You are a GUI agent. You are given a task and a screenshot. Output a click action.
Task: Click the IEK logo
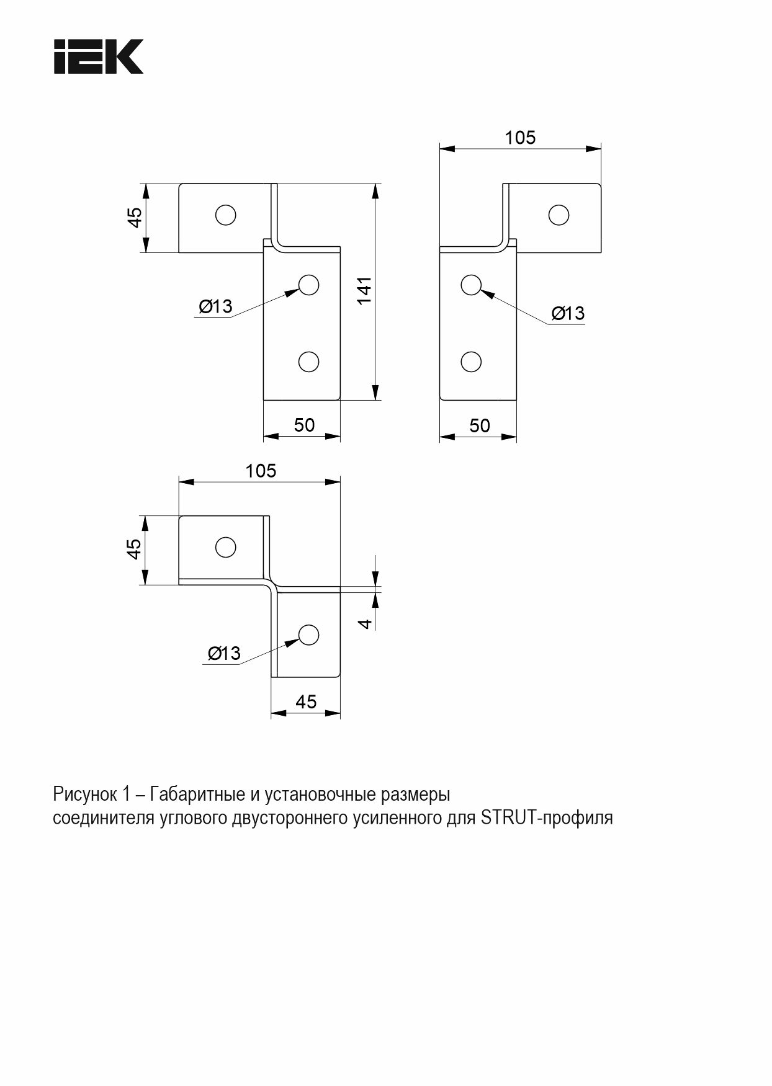99,57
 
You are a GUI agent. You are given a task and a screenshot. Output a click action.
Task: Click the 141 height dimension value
364,290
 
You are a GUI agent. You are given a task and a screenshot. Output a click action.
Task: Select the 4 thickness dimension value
366,623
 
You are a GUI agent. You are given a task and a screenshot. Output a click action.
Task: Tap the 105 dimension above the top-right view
520,137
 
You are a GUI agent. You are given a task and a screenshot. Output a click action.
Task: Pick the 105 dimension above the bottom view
261,471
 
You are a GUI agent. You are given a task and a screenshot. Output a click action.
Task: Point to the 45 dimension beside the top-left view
135,217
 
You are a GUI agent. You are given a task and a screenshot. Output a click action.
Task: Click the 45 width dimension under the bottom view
306,701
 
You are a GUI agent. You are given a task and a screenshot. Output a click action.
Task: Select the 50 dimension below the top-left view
304,425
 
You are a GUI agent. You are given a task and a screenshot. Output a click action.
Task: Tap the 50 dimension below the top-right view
480,425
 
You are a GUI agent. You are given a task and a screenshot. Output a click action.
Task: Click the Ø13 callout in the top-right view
568,313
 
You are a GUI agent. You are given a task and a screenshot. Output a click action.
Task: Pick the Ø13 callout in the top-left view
215,306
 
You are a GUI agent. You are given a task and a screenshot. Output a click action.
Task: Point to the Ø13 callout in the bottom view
224,653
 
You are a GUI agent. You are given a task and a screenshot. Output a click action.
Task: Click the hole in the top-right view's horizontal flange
559,215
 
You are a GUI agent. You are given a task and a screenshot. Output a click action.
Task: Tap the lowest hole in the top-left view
308,361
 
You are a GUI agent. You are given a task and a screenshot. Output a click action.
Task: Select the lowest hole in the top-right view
471,362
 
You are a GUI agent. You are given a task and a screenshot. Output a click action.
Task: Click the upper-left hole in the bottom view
225,547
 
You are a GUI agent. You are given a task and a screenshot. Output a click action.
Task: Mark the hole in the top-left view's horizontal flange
225,215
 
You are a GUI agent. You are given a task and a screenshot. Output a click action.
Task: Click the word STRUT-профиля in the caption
547,818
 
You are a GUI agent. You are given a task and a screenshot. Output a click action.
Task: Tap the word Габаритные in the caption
198,794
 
